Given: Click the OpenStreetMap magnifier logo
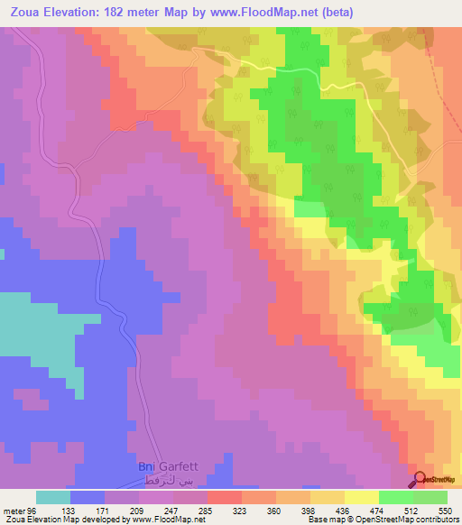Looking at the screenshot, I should (x=421, y=480).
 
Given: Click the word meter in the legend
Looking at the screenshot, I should (x=14, y=509).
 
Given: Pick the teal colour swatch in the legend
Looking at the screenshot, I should (x=53, y=497).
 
